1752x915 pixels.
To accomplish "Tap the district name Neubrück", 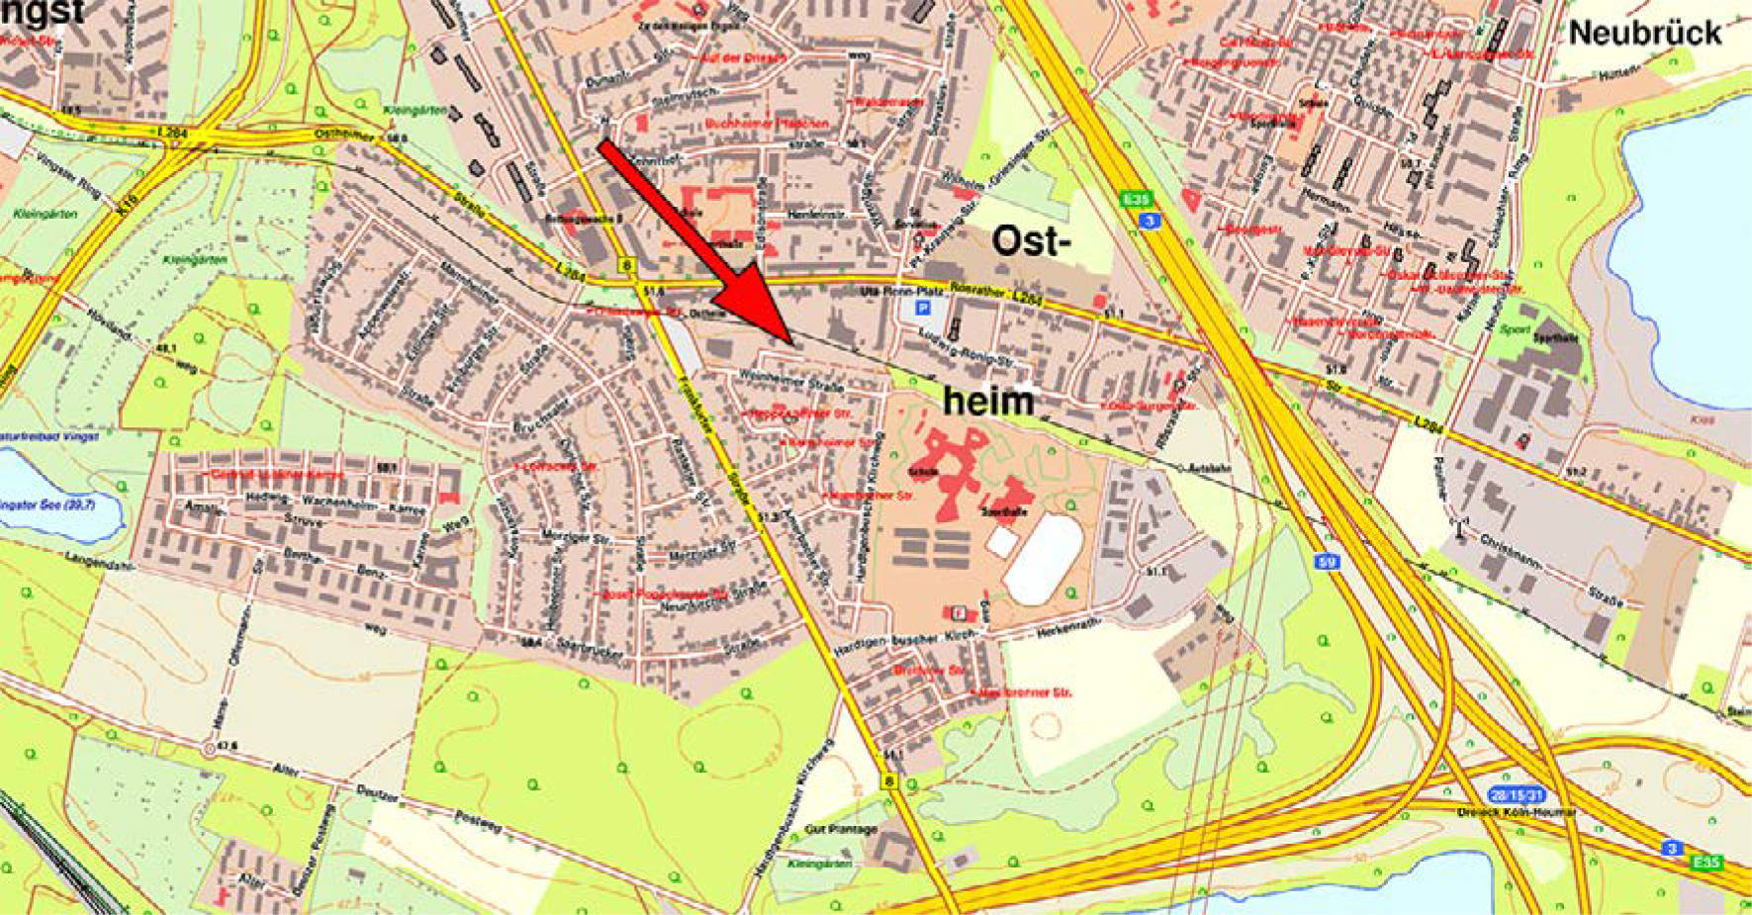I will point(1645,33).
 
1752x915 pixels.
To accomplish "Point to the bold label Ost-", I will point(1031,241).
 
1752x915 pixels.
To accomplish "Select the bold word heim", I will point(987,401).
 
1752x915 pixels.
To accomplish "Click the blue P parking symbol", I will point(924,309).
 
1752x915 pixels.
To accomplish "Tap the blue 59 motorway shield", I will point(1328,562).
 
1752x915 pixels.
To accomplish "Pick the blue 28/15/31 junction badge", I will point(1516,794).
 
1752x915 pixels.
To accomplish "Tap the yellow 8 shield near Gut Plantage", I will point(889,782).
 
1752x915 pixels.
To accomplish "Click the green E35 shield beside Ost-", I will point(1137,200).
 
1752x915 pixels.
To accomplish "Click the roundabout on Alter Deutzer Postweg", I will point(208,749).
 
